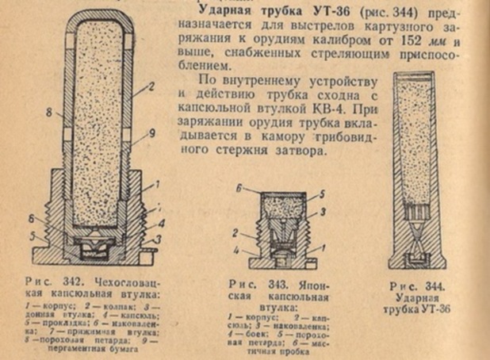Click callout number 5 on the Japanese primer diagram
(320, 193)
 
